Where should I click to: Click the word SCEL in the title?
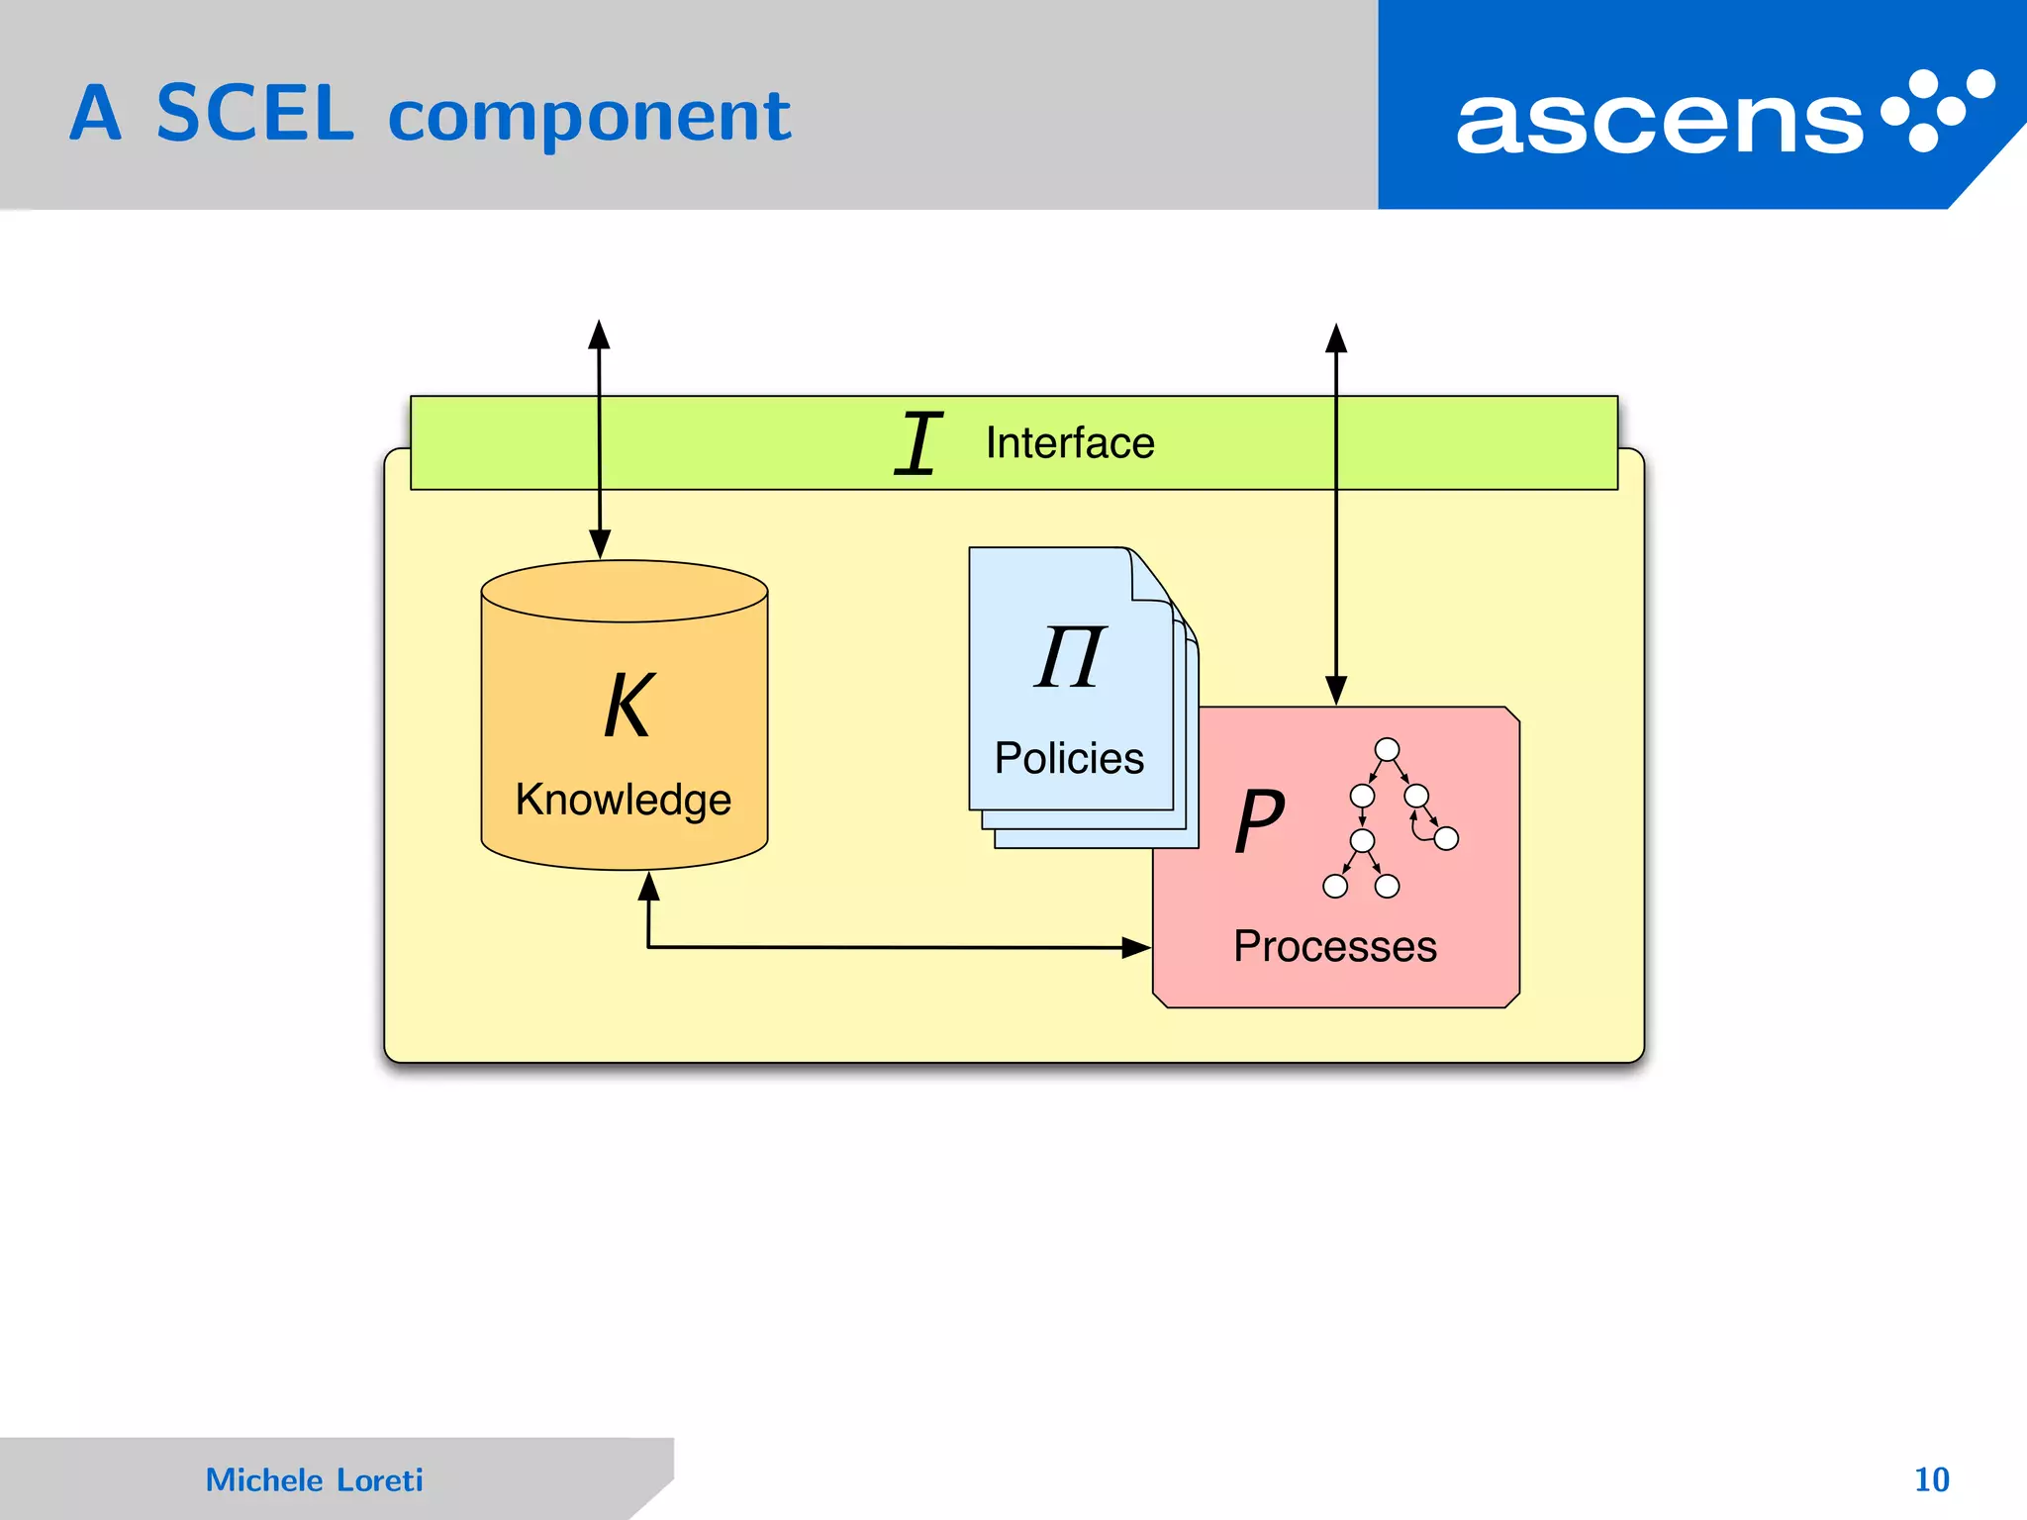coord(254,115)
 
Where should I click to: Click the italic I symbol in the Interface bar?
coord(917,443)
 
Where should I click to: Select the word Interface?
coord(1070,443)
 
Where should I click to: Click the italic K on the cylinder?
coord(628,706)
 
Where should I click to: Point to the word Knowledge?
coord(623,800)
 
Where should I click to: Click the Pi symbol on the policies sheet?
coord(1070,657)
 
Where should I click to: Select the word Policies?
coord(1069,758)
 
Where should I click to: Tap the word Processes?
coord(1334,946)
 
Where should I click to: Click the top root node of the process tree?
coord(1388,749)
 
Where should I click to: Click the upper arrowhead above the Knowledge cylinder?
coord(599,334)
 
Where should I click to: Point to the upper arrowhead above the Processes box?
coord(1336,338)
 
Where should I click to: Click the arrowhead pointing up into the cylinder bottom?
coord(648,886)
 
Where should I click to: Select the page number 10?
coord(1931,1479)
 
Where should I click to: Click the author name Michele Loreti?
coord(314,1479)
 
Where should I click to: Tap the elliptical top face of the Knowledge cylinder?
coord(625,591)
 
